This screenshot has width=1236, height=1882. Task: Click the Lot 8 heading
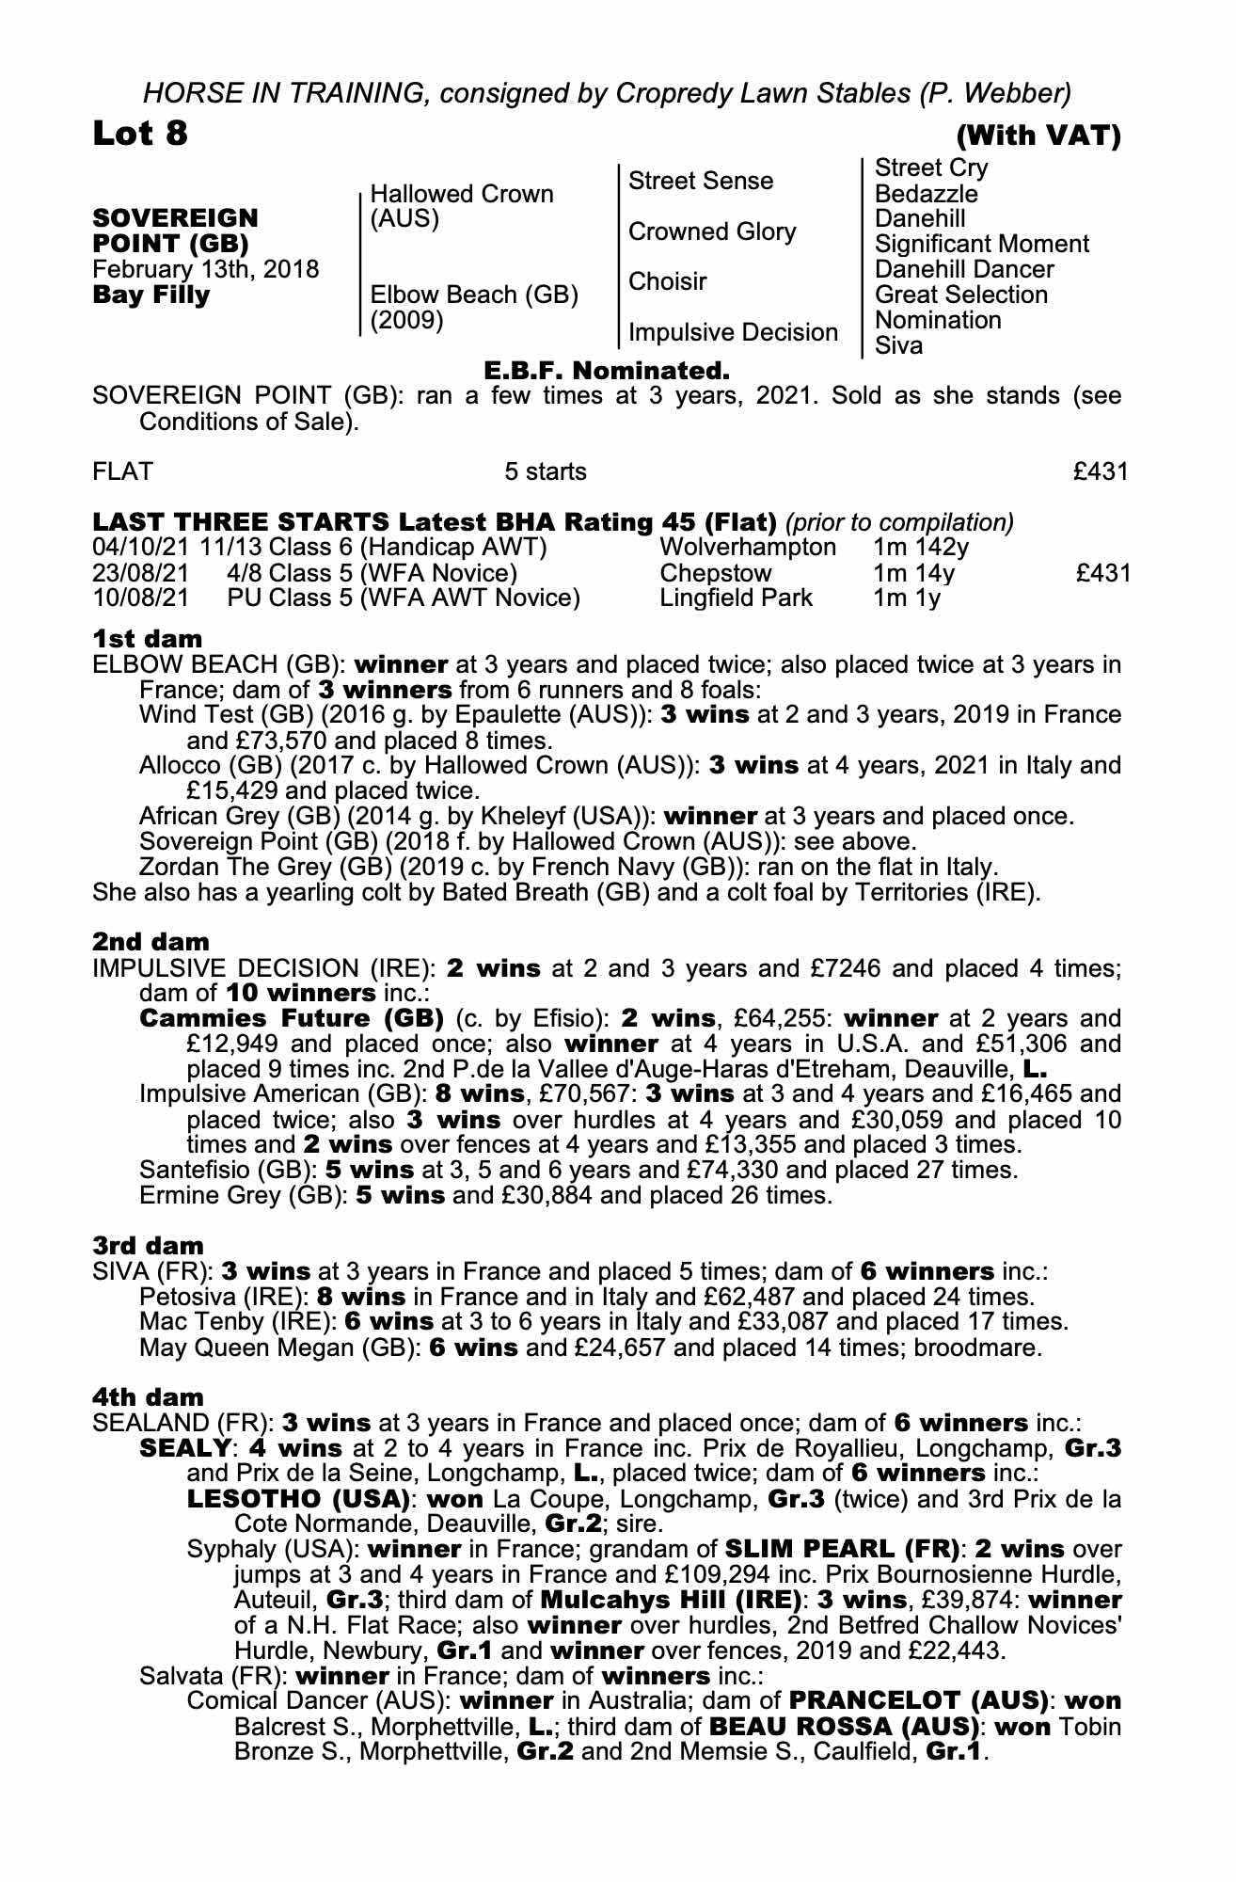click(140, 134)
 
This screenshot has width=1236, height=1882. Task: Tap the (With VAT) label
click(1038, 136)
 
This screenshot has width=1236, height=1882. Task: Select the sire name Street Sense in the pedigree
click(700, 181)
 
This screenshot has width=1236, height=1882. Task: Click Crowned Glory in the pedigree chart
click(711, 231)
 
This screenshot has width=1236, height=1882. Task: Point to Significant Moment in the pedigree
click(981, 244)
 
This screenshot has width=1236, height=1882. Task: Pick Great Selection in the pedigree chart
click(960, 295)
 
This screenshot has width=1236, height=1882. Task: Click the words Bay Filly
click(151, 295)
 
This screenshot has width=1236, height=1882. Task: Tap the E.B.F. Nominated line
click(607, 369)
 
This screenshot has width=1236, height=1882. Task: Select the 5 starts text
click(546, 471)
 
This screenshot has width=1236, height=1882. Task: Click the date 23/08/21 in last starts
click(140, 572)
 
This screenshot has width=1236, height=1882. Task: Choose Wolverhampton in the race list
click(748, 547)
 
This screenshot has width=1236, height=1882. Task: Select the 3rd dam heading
click(148, 1247)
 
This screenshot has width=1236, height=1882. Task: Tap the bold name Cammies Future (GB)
click(292, 1018)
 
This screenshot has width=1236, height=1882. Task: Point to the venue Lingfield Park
click(736, 598)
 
